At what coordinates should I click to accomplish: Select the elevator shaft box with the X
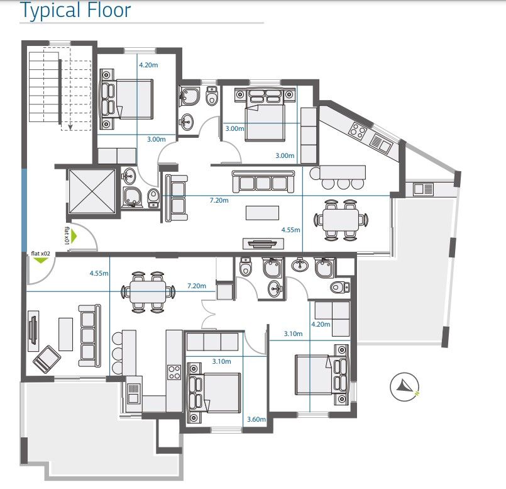pos(91,191)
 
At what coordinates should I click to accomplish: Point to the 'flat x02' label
pos(40,254)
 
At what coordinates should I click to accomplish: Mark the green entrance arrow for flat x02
pos(40,261)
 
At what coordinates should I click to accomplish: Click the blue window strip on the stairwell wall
pos(25,208)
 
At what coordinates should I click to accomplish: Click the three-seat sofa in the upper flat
pos(263,181)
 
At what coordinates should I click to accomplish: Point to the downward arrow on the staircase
pos(70,126)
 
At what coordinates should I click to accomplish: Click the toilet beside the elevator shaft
pos(153,198)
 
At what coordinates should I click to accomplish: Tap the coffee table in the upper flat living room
pos(262,213)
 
